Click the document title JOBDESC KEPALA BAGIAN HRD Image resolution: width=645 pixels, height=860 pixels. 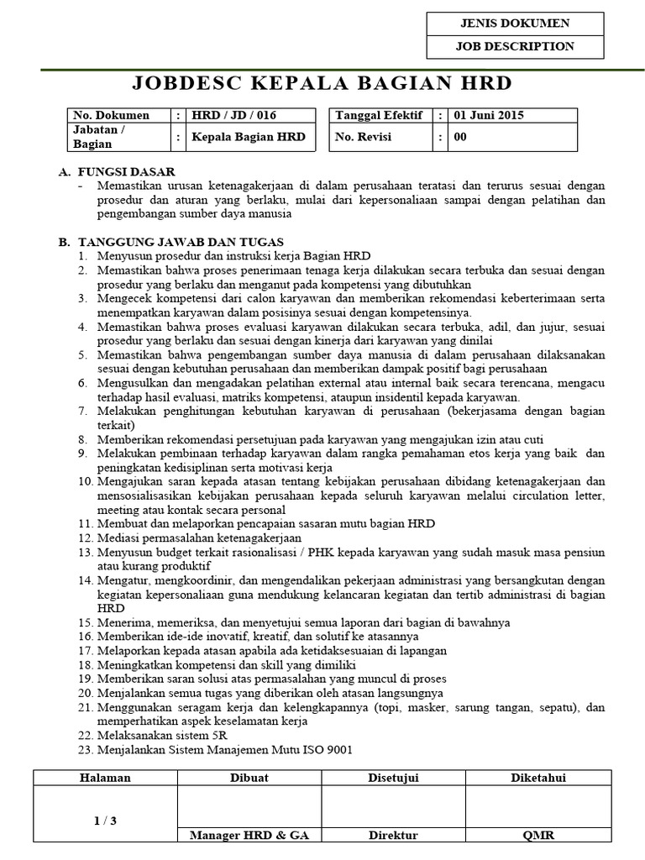coord(322,83)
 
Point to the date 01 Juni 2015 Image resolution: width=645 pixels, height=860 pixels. coord(488,116)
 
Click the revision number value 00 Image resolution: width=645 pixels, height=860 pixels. coord(460,137)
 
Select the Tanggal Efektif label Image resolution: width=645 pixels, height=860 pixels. coord(379,116)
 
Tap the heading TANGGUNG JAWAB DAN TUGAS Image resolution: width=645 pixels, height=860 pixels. coord(181,242)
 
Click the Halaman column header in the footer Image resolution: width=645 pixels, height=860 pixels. coord(105,778)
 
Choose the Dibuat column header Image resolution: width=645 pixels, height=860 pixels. coord(249,778)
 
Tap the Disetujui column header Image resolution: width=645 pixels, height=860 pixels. coord(393,778)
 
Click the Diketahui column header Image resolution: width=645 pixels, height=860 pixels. coord(537,778)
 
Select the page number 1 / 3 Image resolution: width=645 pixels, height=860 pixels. coord(105,821)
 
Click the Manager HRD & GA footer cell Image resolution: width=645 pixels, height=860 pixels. coord(249,836)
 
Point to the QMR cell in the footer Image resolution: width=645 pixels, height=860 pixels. coord(537,836)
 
